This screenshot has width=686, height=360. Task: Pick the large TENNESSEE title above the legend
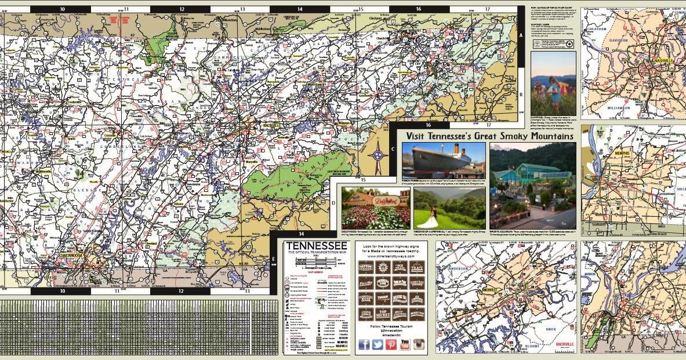(316, 247)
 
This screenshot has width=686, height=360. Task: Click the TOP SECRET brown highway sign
(382, 315)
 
